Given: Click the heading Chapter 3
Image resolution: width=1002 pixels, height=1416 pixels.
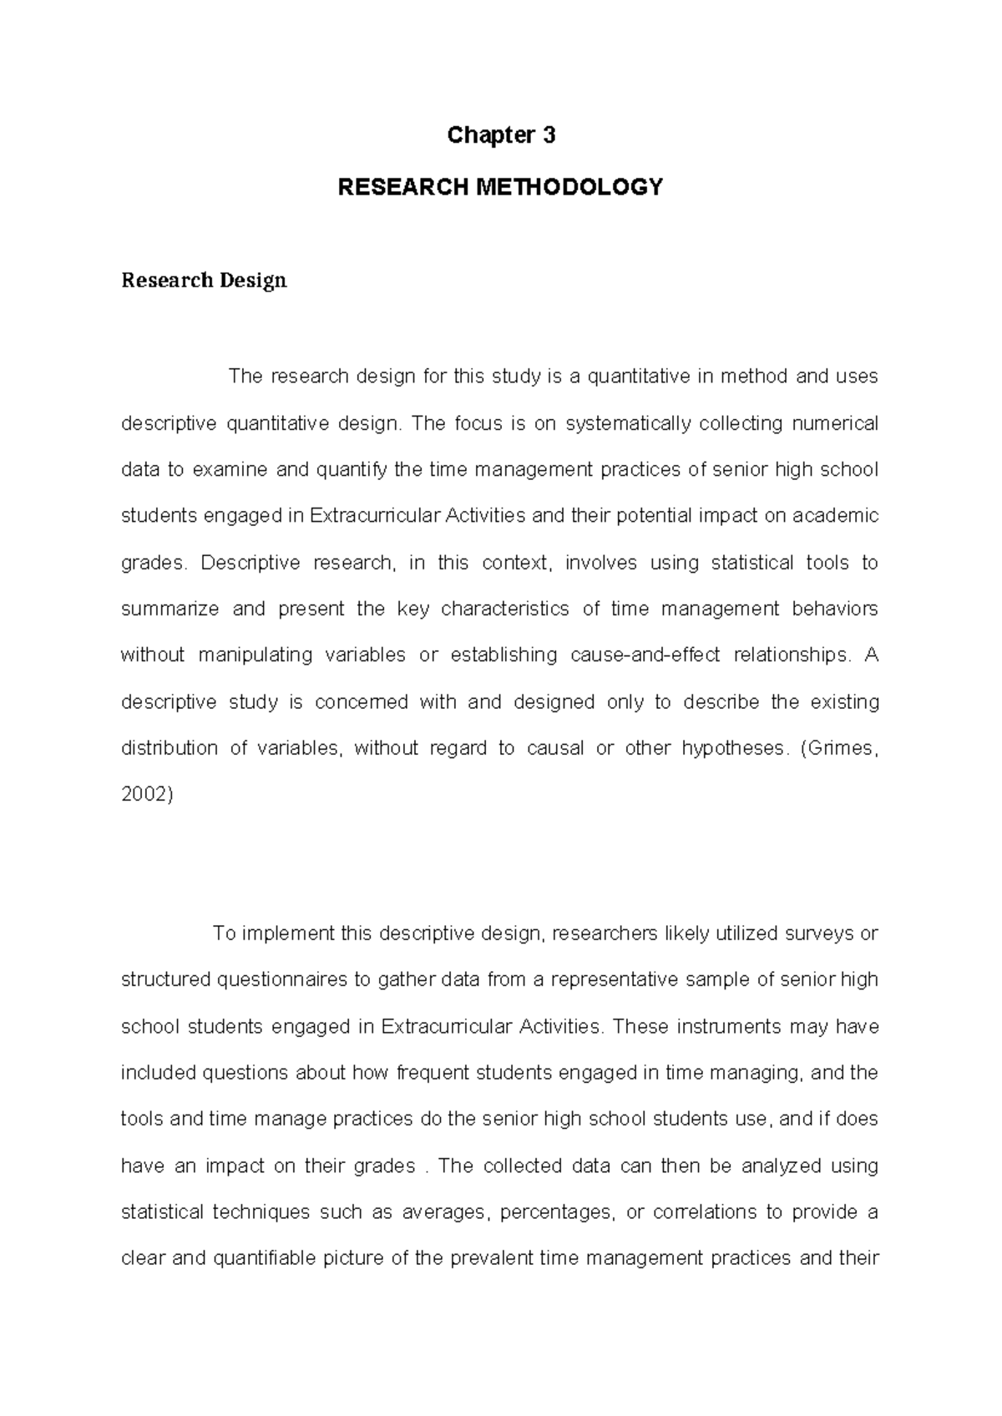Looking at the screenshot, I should coord(501,135).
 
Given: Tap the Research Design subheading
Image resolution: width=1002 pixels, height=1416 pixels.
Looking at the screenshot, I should coord(204,281).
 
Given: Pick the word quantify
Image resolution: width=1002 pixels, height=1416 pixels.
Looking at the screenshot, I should coord(351,470).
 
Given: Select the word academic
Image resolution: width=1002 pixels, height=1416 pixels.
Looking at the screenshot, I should coord(835,516).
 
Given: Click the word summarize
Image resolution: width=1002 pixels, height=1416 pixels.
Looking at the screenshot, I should coord(170,609).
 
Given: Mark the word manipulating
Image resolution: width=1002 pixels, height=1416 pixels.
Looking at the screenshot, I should coord(251,655).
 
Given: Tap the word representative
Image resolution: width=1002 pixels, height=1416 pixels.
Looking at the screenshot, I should coord(614,980).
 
